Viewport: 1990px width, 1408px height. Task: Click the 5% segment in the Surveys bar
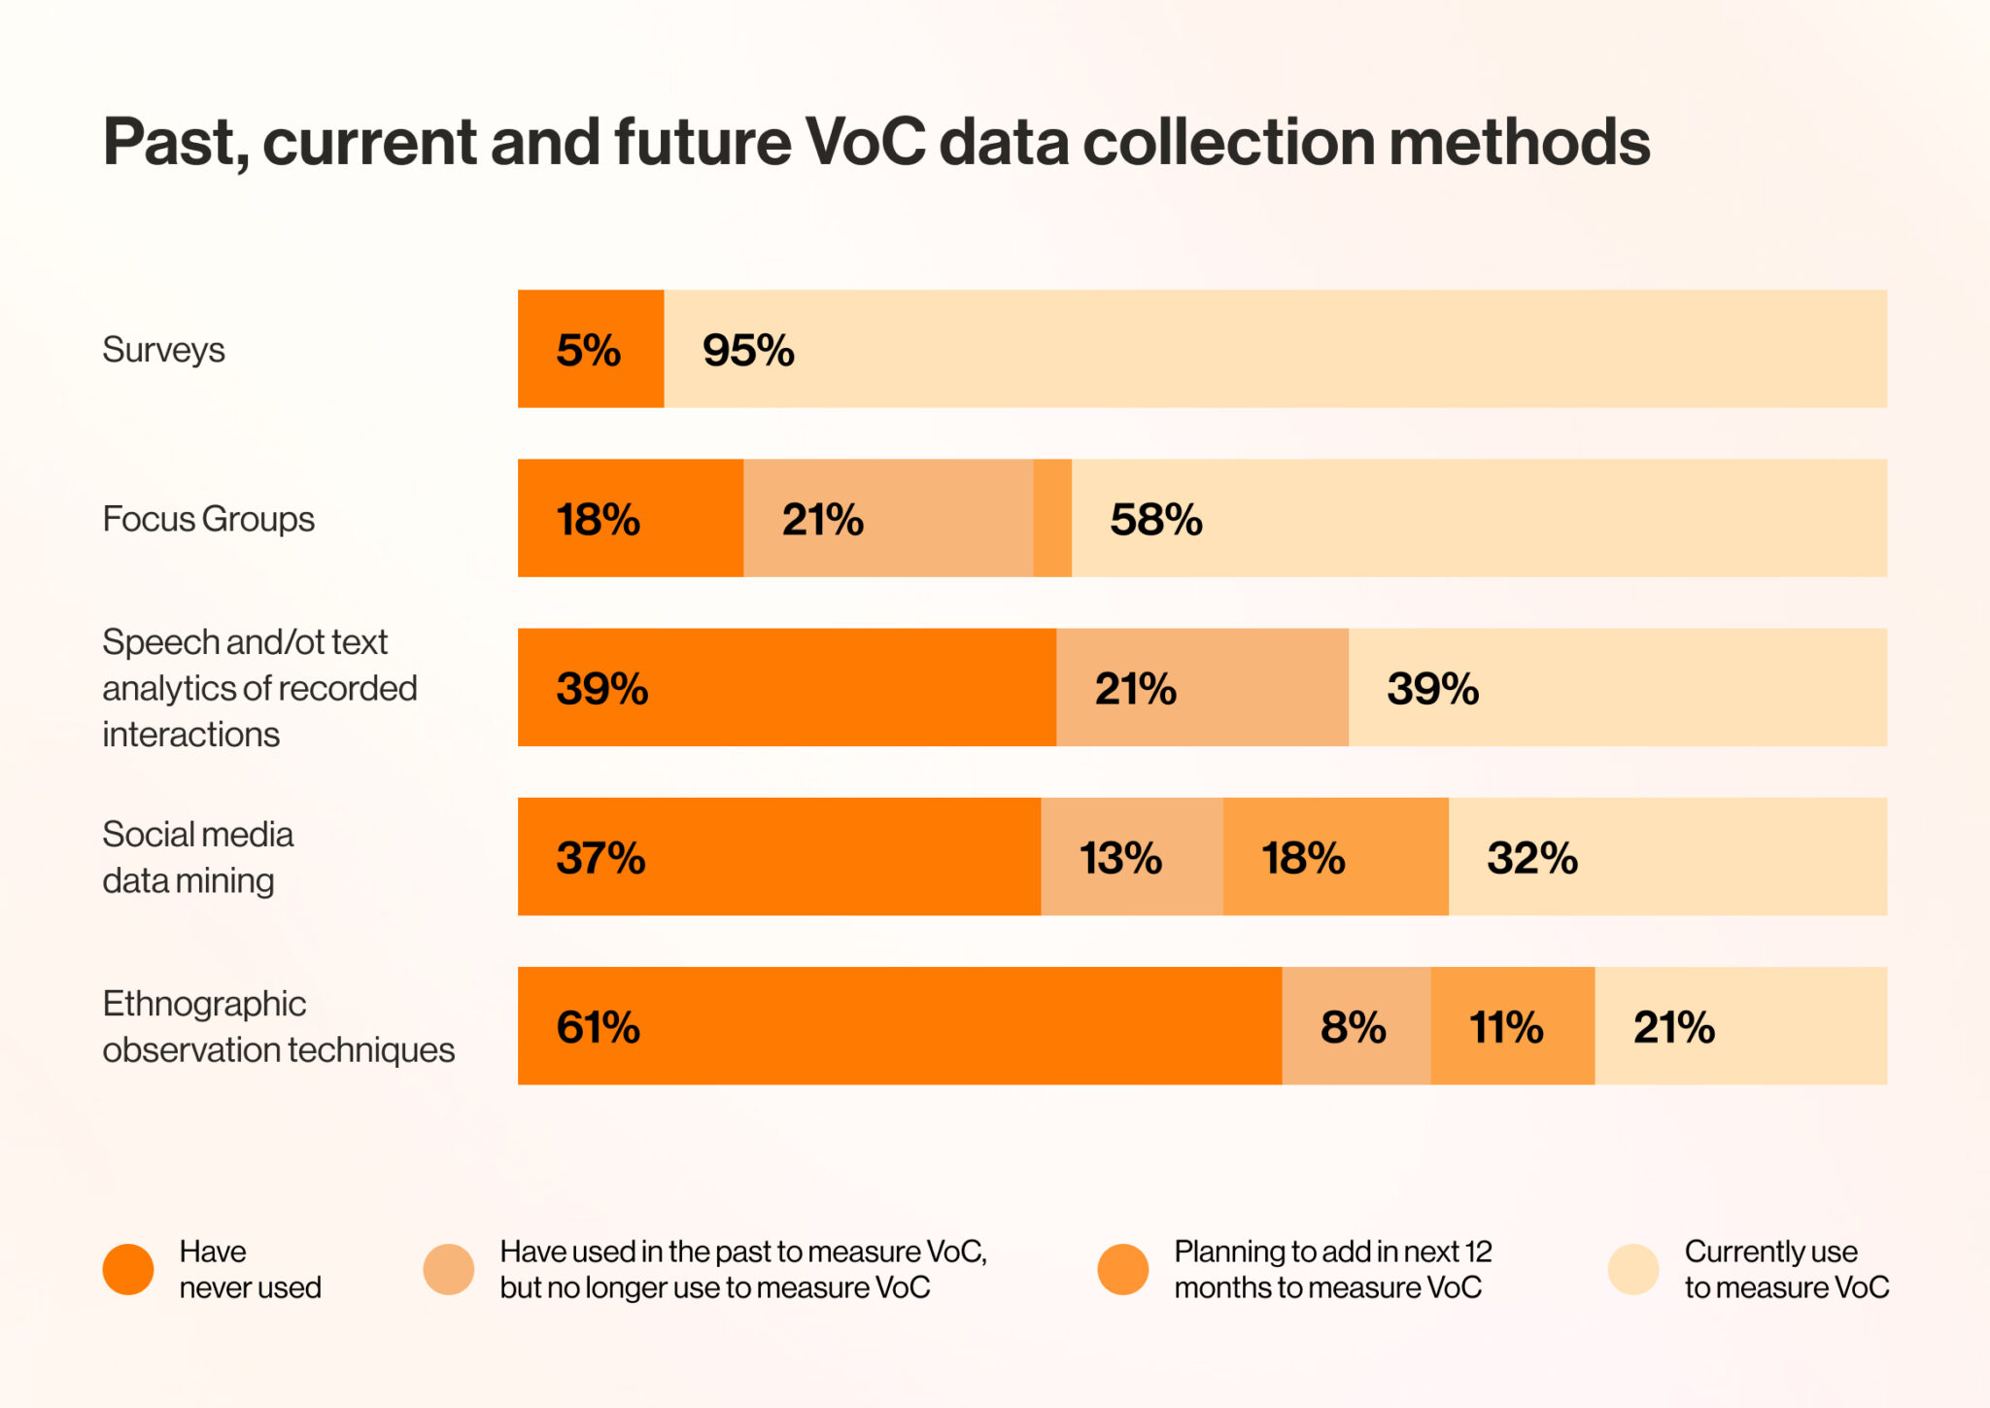pos(590,349)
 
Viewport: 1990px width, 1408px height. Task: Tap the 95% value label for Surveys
pos(748,350)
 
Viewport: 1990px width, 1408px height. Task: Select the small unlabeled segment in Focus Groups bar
pos(1052,518)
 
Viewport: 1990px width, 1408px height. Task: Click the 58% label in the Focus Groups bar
pos(1155,520)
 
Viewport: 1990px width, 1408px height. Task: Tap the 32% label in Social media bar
pos(1531,858)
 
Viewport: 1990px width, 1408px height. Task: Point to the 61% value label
pos(598,1027)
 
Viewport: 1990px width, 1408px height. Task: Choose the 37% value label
pos(600,858)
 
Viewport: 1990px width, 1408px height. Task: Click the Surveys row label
pos(163,350)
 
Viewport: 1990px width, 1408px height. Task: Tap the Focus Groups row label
pos(208,519)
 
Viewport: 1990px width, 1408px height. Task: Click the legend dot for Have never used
pos(128,1269)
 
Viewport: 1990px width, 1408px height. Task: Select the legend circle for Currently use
pos(1633,1269)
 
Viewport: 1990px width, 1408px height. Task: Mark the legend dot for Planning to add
pos(1123,1269)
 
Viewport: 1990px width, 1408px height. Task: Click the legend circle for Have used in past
pos(449,1269)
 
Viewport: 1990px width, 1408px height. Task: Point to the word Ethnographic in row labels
pos(204,1004)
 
